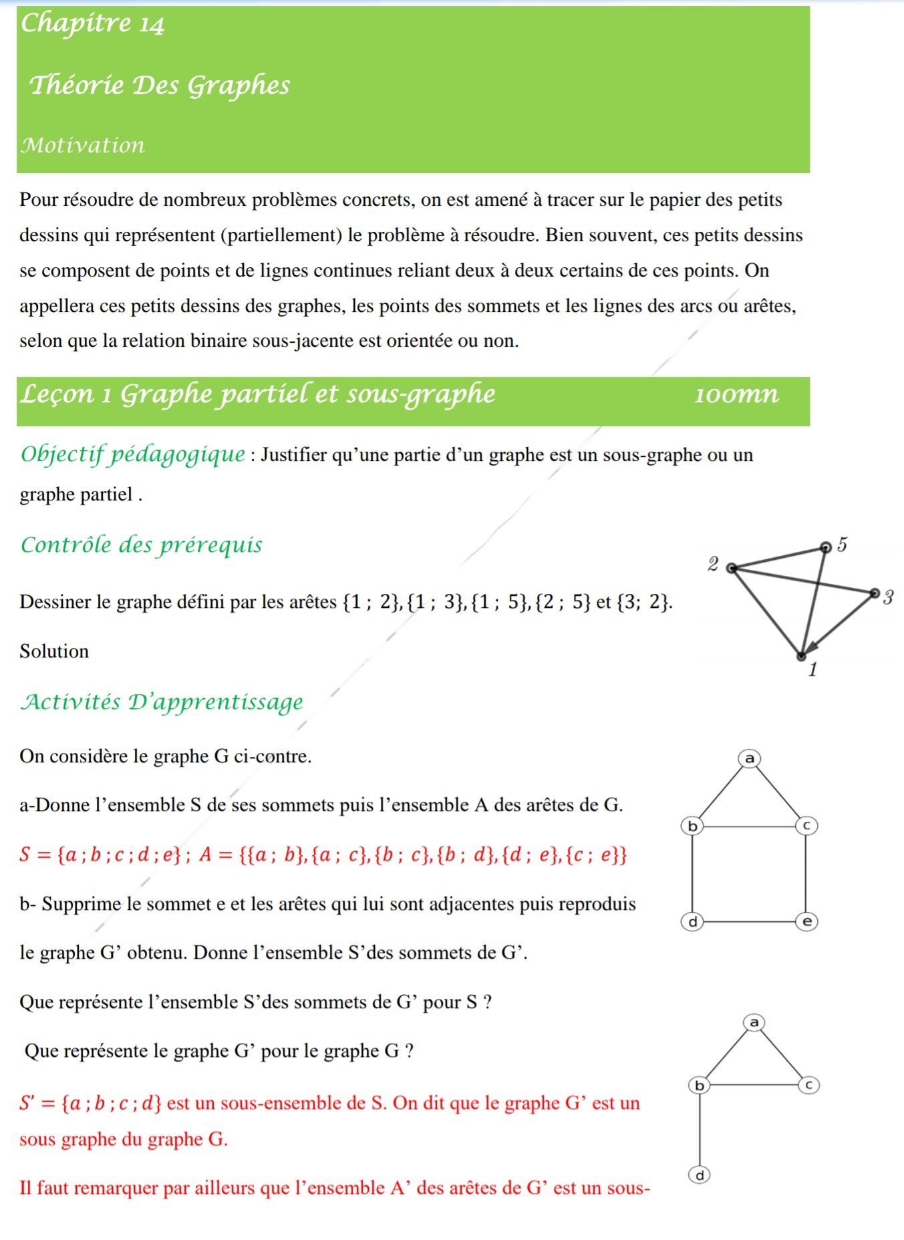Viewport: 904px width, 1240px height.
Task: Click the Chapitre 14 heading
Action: pyautogui.click(x=92, y=24)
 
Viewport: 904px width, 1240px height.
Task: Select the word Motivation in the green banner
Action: pyautogui.click(x=82, y=145)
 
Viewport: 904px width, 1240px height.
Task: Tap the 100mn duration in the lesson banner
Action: pyautogui.click(x=736, y=394)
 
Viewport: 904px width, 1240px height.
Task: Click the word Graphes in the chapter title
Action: pyautogui.click(x=238, y=86)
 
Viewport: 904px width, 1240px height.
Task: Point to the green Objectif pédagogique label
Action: pyautogui.click(x=133, y=454)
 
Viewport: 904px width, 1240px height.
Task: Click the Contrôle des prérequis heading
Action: pyautogui.click(x=141, y=545)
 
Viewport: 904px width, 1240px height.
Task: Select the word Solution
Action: pyautogui.click(x=54, y=651)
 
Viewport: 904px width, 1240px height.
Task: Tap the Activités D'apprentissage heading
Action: pyautogui.click(x=162, y=702)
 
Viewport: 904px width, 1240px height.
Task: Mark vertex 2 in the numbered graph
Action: pyautogui.click(x=732, y=568)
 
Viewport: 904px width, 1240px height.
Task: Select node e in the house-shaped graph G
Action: pyautogui.click(x=806, y=922)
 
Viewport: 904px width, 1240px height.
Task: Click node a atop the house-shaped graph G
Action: pyautogui.click(x=749, y=758)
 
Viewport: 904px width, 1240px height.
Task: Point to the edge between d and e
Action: pyautogui.click(x=750, y=922)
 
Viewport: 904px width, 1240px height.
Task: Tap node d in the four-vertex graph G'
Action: pyautogui.click(x=700, y=1175)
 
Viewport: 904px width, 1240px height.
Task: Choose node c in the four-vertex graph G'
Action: pyautogui.click(x=808, y=1085)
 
